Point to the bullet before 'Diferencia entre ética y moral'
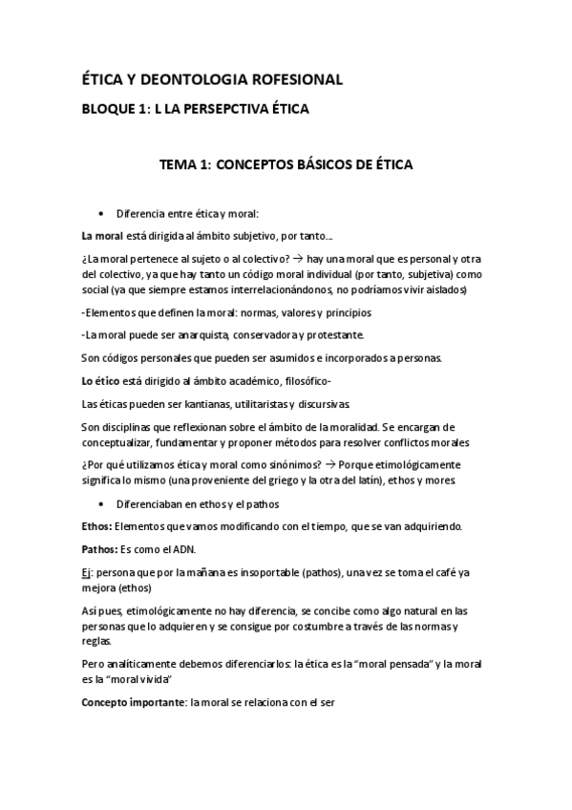100,213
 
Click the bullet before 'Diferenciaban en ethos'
100,503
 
